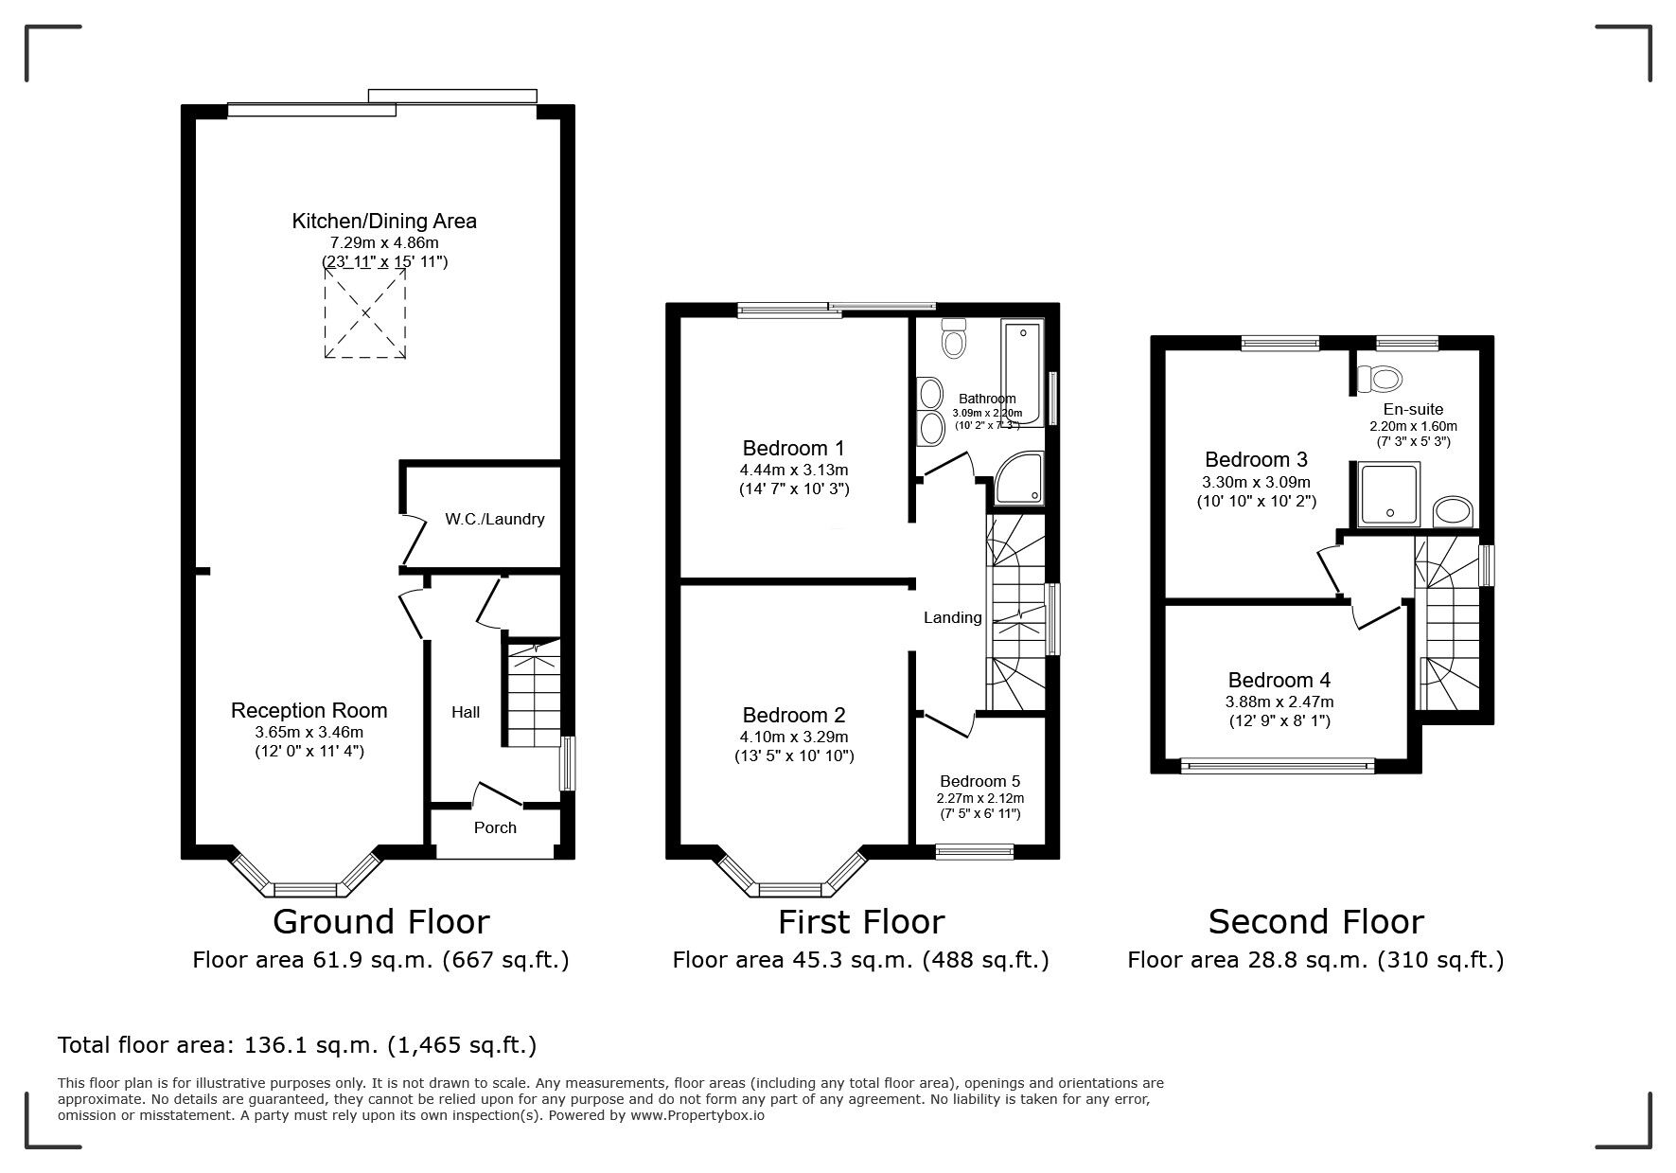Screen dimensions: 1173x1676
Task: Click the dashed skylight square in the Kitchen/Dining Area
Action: point(365,312)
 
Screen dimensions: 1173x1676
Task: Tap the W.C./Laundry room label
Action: point(495,519)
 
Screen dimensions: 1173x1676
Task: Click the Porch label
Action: point(495,827)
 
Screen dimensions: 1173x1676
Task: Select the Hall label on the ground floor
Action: point(466,712)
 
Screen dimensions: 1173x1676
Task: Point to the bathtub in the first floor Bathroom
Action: point(1022,373)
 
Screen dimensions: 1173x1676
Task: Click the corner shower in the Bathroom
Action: point(1020,479)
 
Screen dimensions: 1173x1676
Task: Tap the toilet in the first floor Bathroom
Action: point(954,339)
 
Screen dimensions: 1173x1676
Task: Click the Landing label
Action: point(952,617)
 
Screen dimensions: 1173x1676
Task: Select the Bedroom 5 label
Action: point(979,781)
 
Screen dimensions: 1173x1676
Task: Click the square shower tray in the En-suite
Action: point(1389,494)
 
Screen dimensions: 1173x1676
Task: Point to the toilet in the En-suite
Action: point(1379,379)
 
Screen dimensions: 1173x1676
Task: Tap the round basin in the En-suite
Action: point(1454,512)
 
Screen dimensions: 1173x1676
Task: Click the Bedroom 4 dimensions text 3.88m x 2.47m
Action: point(1279,702)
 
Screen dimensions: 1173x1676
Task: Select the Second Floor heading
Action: point(1315,921)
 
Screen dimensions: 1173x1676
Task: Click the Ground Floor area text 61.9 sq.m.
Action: point(380,960)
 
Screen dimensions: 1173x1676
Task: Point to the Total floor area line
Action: point(297,1045)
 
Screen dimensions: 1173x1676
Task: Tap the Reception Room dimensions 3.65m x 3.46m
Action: point(309,732)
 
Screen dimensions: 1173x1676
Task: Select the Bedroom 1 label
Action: point(793,448)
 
